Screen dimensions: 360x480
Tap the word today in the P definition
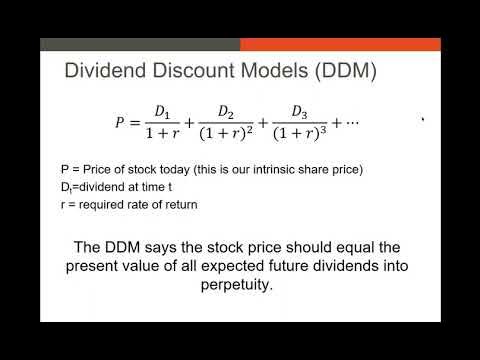point(174,169)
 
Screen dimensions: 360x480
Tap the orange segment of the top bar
point(340,45)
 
